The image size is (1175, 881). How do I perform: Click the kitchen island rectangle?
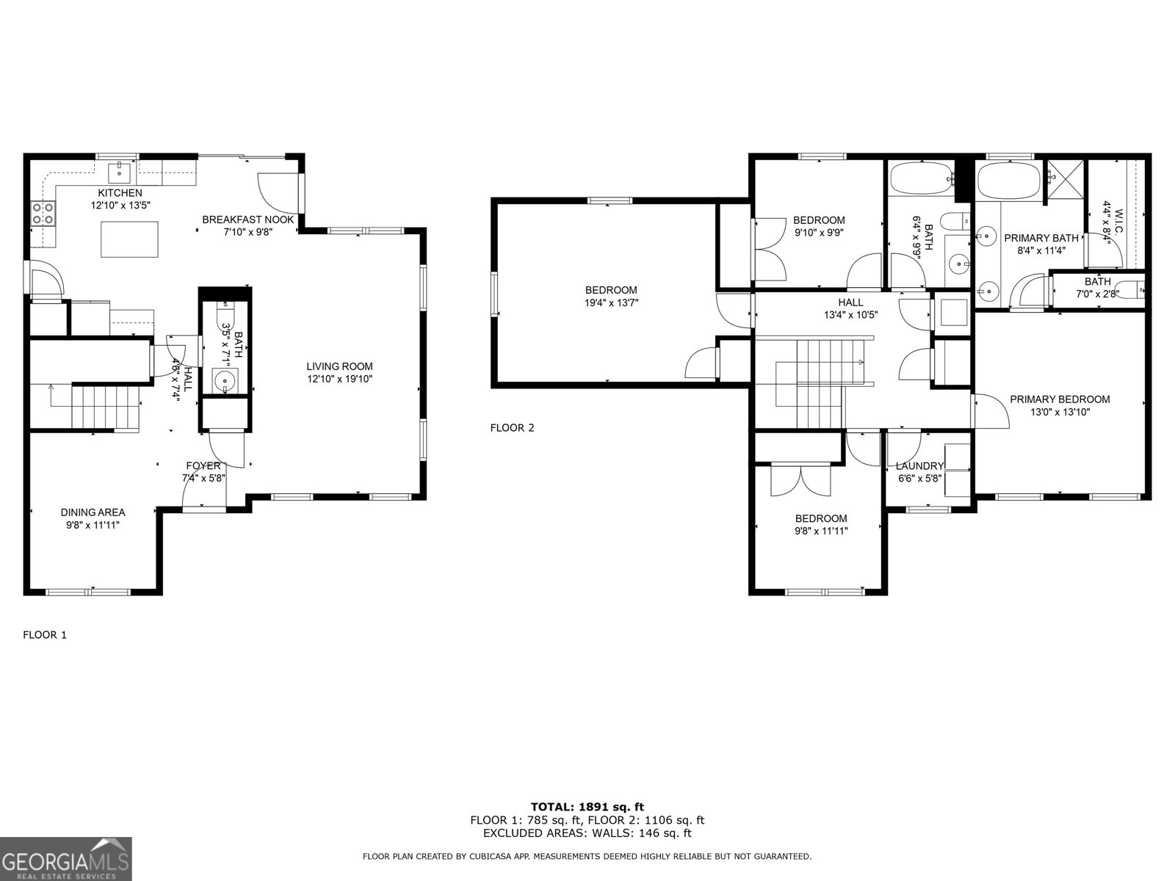coord(130,242)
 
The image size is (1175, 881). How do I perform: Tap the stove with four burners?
coord(43,214)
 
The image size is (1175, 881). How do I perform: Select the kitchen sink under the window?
coord(118,174)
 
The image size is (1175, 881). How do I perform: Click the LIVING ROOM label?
coord(339,366)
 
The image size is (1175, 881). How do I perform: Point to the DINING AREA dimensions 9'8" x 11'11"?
coord(93,525)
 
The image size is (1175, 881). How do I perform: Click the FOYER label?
coord(203,465)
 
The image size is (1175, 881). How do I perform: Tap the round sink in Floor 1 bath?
coord(224,380)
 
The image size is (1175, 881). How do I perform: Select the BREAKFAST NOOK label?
coord(248,220)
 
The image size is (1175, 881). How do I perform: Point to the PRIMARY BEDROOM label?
coord(1060,399)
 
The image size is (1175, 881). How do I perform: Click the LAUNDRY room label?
coord(919,466)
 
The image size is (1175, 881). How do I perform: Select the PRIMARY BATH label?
coord(1041,238)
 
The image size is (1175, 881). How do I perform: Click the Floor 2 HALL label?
coord(850,302)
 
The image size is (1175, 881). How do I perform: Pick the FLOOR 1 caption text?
coord(45,635)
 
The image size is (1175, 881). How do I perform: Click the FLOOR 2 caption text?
coord(512,427)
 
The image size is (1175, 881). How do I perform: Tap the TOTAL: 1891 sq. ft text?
coord(587,807)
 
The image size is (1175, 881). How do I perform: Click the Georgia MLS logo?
coord(65,859)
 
